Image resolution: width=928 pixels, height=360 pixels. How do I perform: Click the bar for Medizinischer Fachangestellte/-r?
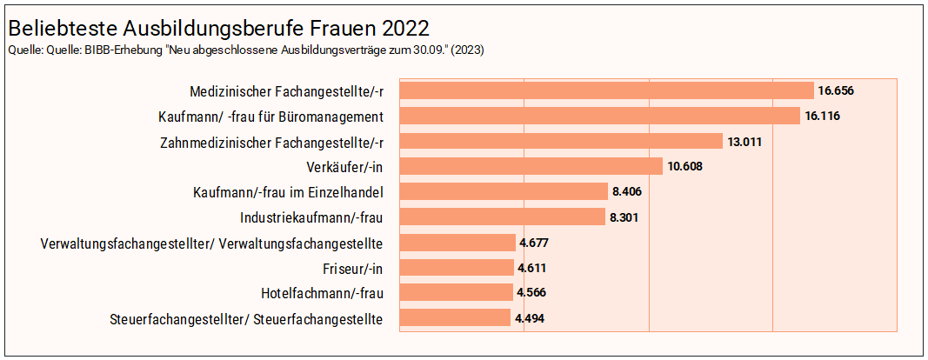pyautogui.click(x=606, y=90)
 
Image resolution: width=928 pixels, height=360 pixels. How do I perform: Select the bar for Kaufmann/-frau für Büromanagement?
pyautogui.click(x=599, y=116)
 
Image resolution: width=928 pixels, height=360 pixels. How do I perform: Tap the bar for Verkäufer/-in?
pyautogui.click(x=531, y=166)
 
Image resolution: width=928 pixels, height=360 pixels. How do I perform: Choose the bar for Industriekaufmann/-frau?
pyautogui.click(x=502, y=217)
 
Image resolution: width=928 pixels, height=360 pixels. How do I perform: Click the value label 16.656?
pyautogui.click(x=835, y=90)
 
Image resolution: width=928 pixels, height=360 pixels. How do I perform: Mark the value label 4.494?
pyautogui.click(x=530, y=319)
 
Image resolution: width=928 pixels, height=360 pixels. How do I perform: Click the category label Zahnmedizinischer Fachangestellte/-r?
pyautogui.click(x=272, y=142)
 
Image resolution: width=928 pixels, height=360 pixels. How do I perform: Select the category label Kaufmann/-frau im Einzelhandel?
pyautogui.click(x=288, y=192)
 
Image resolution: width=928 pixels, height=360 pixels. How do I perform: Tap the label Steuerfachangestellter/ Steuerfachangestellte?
pyautogui.click(x=247, y=319)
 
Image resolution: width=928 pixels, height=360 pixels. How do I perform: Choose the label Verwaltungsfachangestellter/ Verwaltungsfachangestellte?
pyautogui.click(x=212, y=243)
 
